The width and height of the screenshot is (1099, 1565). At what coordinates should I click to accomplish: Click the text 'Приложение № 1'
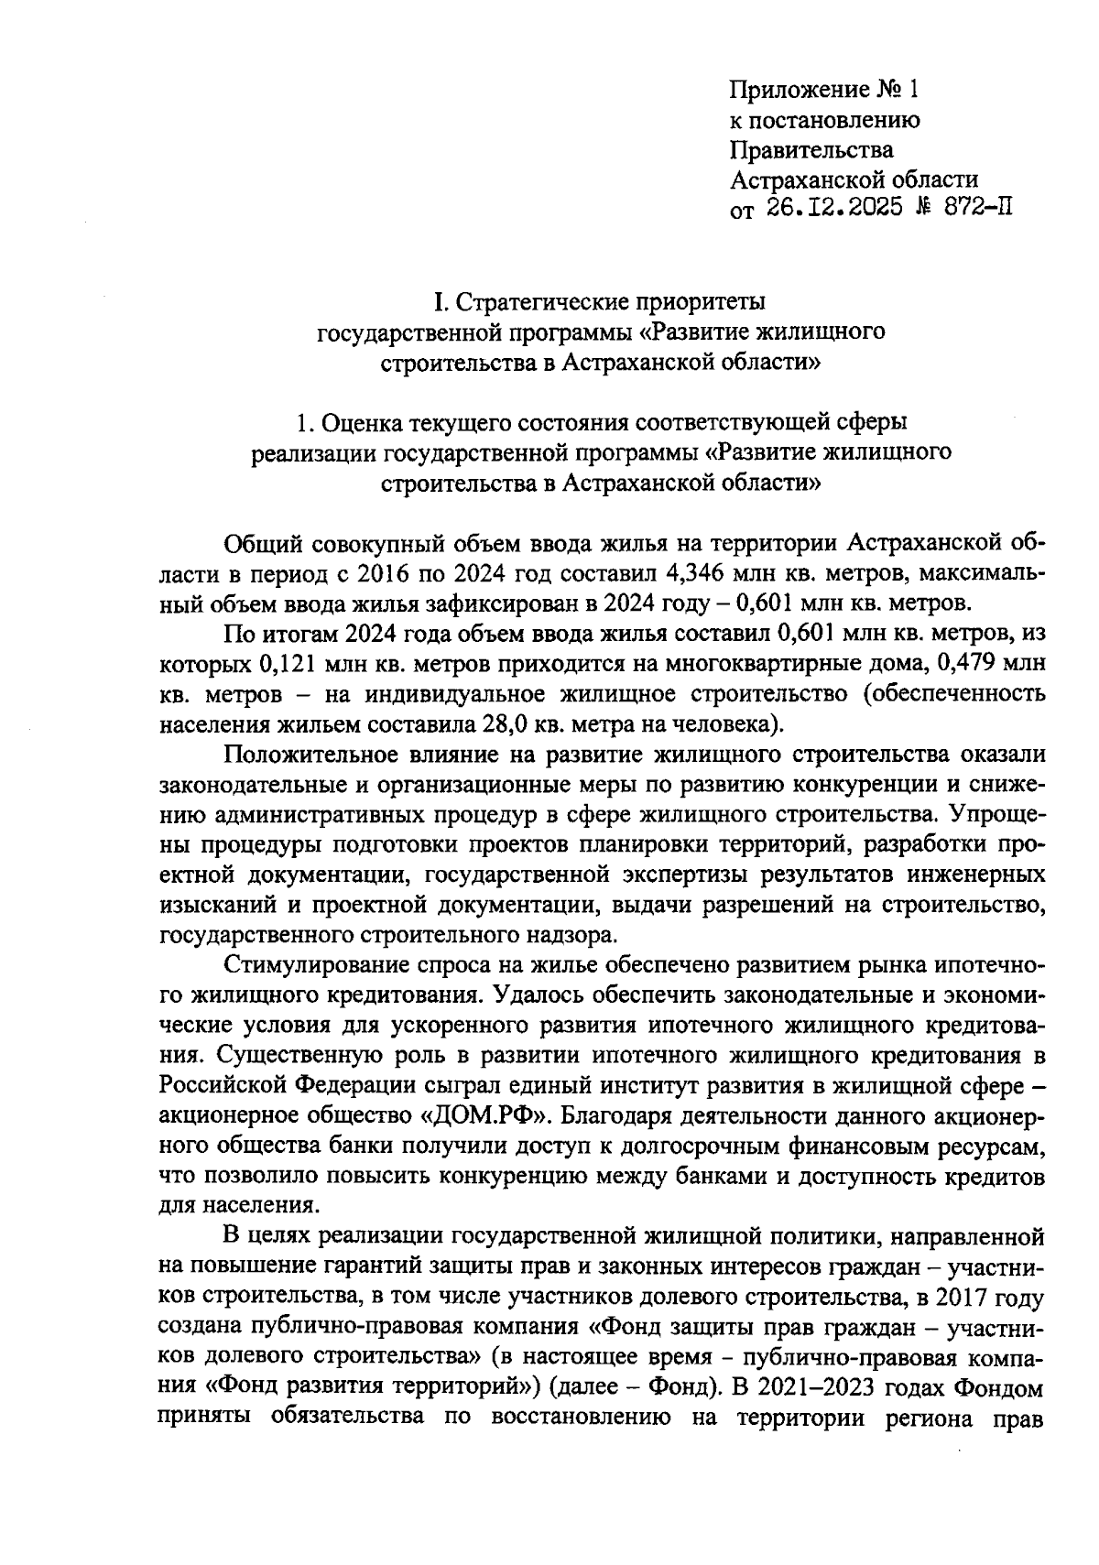pyautogui.click(x=822, y=90)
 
